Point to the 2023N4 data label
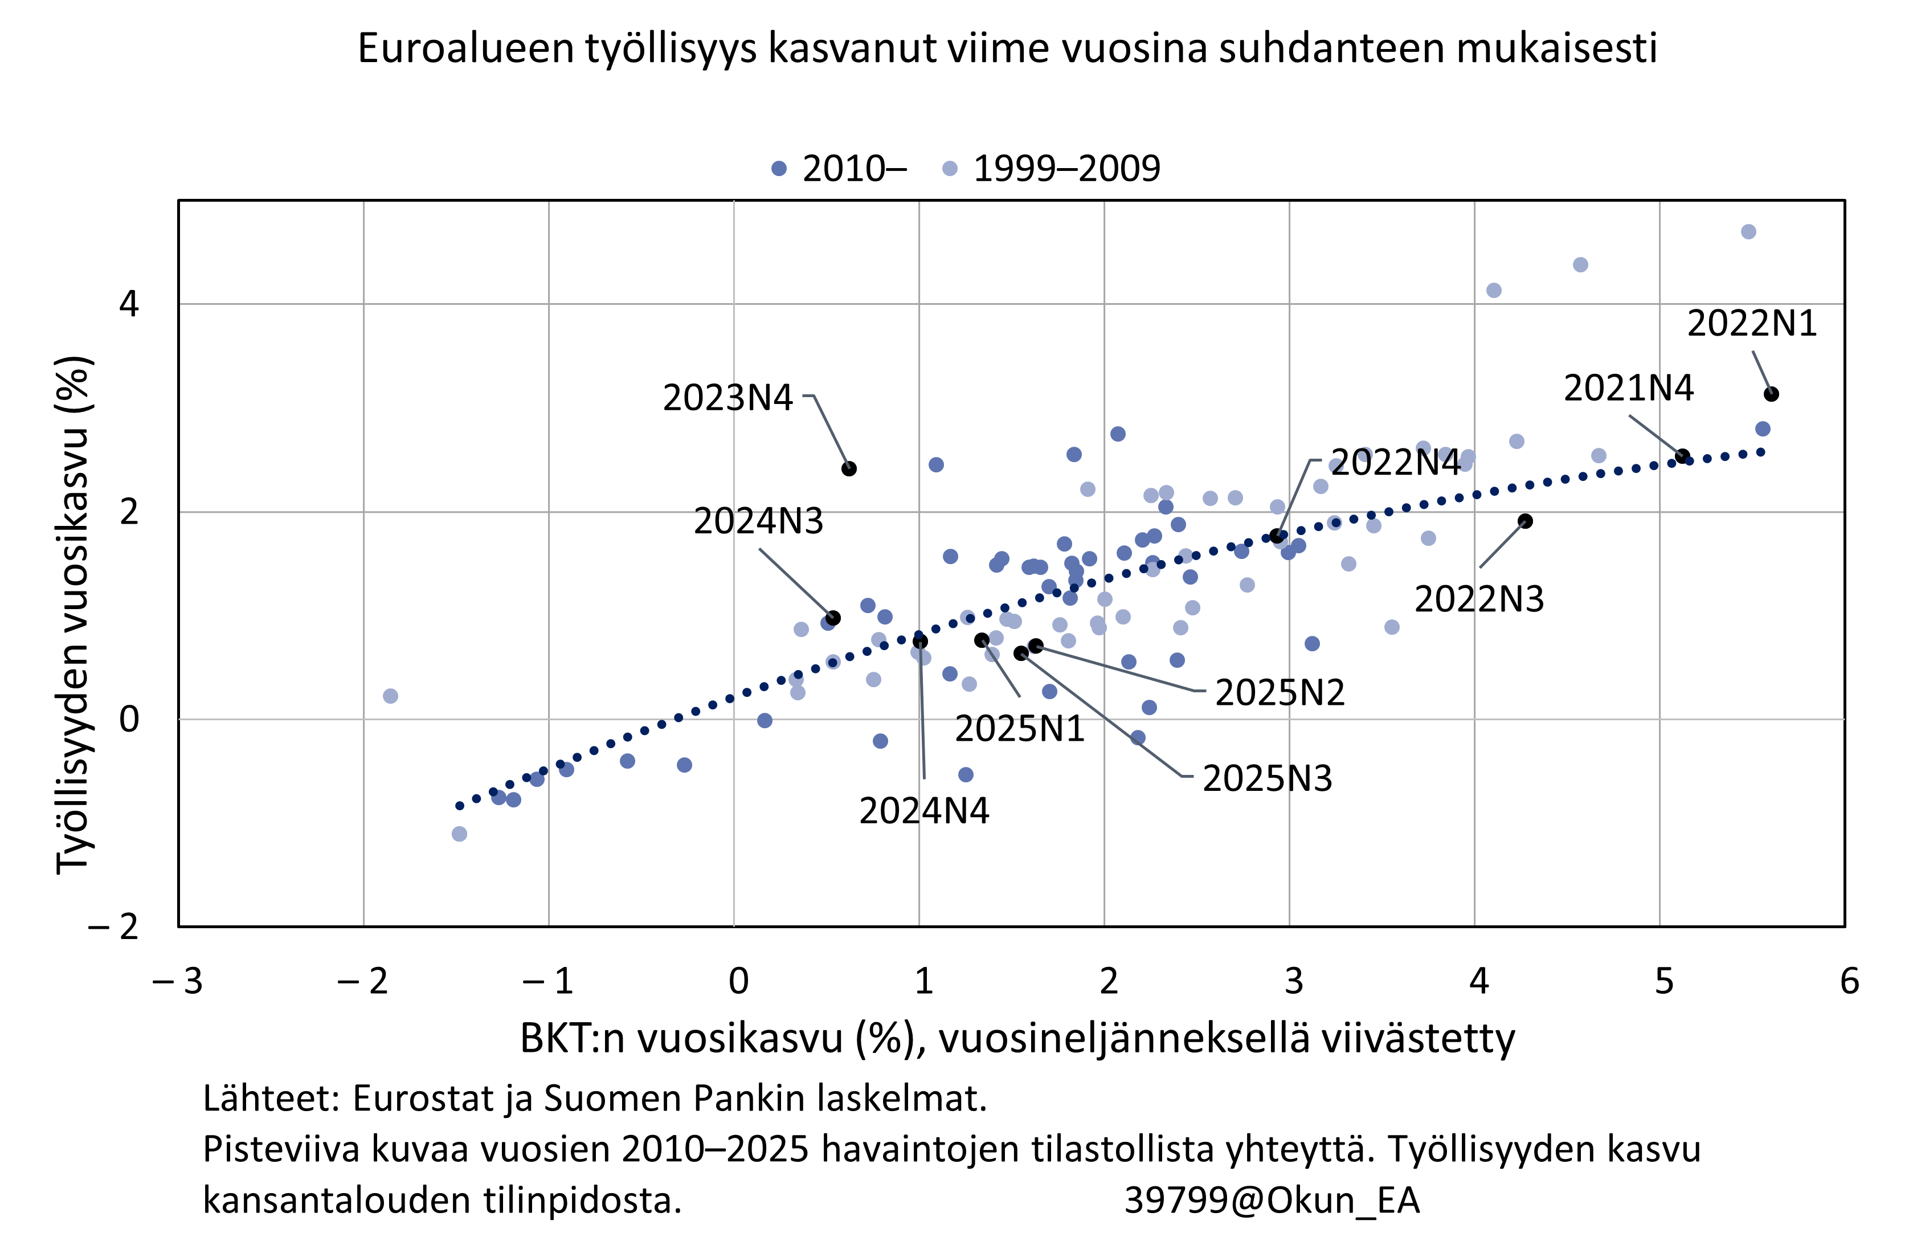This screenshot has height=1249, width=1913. tap(727, 397)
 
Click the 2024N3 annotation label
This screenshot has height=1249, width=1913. tap(758, 521)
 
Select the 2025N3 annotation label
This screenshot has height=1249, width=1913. tap(1267, 778)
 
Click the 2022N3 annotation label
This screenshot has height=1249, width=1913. tap(1478, 599)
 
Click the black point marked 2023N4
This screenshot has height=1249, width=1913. tap(849, 468)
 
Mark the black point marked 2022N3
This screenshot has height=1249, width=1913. tap(1525, 521)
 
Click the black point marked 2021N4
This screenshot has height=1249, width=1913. tap(1682, 456)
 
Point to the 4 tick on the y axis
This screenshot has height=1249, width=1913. tap(129, 304)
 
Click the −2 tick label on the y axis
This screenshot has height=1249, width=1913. tap(114, 926)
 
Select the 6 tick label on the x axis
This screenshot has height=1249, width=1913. tap(1849, 981)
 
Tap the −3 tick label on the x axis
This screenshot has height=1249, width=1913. tap(178, 981)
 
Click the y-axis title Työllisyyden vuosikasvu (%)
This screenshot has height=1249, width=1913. tap(75, 615)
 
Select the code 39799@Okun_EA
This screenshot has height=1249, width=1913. tap(1271, 1201)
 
